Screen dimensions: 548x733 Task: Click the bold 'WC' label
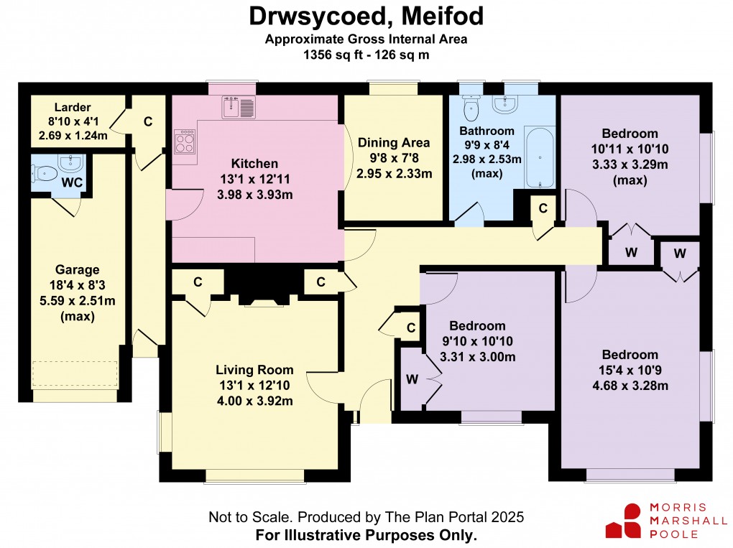click(x=71, y=182)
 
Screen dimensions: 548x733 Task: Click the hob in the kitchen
click(x=185, y=141)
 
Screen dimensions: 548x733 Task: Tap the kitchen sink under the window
click(x=237, y=108)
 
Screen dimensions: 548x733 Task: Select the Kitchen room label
click(x=254, y=164)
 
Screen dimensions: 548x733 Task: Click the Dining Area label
click(x=394, y=142)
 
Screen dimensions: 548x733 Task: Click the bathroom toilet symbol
click(x=471, y=109)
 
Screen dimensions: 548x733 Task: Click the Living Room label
click(x=254, y=370)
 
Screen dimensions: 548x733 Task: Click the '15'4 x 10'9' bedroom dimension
click(x=630, y=371)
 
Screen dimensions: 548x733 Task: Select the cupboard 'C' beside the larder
click(x=147, y=121)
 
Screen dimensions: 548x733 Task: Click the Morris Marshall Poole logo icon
click(x=623, y=521)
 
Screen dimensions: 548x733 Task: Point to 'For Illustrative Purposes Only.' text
click(x=366, y=535)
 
